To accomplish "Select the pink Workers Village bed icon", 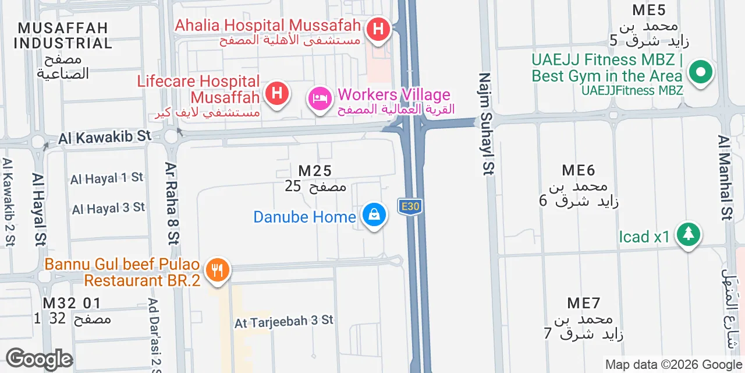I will pyautogui.click(x=320, y=98).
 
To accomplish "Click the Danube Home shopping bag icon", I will pyautogui.click(x=374, y=215).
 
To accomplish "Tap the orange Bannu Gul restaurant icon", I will pyautogui.click(x=218, y=270).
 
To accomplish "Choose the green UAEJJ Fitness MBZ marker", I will pyautogui.click(x=701, y=72).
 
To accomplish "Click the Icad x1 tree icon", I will pyautogui.click(x=689, y=235).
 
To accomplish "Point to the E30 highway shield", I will pyautogui.click(x=409, y=206).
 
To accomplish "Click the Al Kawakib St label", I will pyautogui.click(x=105, y=138).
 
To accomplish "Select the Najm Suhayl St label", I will pyautogui.click(x=487, y=124).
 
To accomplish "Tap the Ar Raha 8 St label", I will pyautogui.click(x=173, y=203).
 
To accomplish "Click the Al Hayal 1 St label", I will pyautogui.click(x=107, y=178).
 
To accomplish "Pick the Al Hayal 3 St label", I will pyautogui.click(x=108, y=208).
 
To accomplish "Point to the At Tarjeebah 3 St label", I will pyautogui.click(x=284, y=321).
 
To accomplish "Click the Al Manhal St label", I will pyautogui.click(x=725, y=178).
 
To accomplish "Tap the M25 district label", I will pyautogui.click(x=315, y=171).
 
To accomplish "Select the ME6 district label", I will pyautogui.click(x=579, y=170).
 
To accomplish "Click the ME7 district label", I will pyautogui.click(x=584, y=303).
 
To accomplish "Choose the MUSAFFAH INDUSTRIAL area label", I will pyautogui.click(x=63, y=36).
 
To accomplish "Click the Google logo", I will pyautogui.click(x=39, y=360).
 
